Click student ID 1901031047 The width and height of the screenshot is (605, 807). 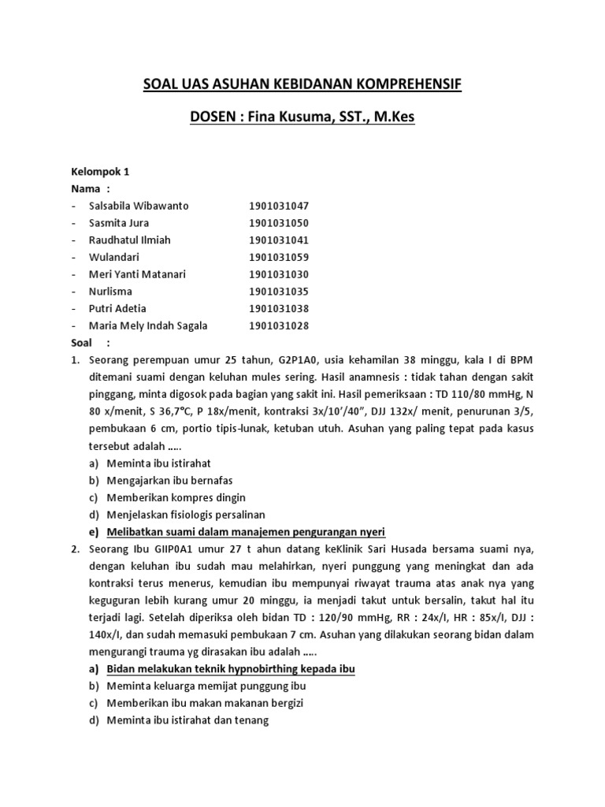(x=279, y=206)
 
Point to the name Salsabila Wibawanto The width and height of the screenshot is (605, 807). (x=139, y=206)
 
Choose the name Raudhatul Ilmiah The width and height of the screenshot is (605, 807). (x=130, y=240)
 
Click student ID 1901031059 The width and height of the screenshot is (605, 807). (x=279, y=257)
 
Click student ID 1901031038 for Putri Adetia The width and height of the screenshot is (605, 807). (x=279, y=308)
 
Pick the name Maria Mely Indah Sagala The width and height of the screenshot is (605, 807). (x=149, y=325)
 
